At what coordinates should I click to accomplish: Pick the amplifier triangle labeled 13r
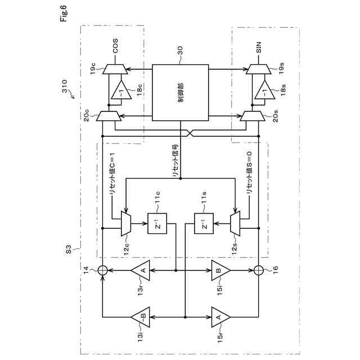(141, 270)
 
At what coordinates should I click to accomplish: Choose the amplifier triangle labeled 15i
(220, 270)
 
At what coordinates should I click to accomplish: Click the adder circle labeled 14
(102, 270)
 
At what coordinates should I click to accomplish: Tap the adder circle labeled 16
(259, 270)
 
